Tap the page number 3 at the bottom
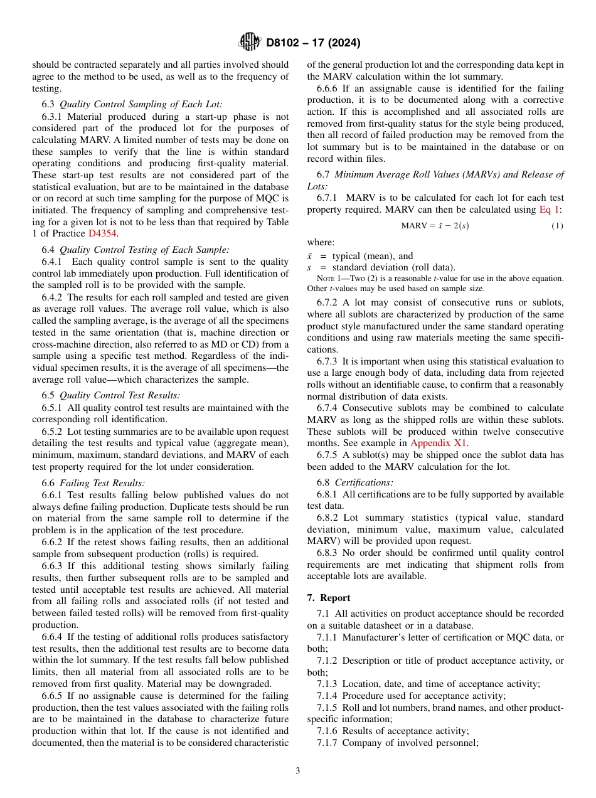click(x=298, y=770)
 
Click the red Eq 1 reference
click(x=550, y=210)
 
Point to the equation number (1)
click(x=557, y=226)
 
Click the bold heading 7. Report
click(x=329, y=597)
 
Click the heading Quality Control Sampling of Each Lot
click(x=141, y=105)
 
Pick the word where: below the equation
click(x=321, y=242)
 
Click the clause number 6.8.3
click(x=328, y=553)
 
